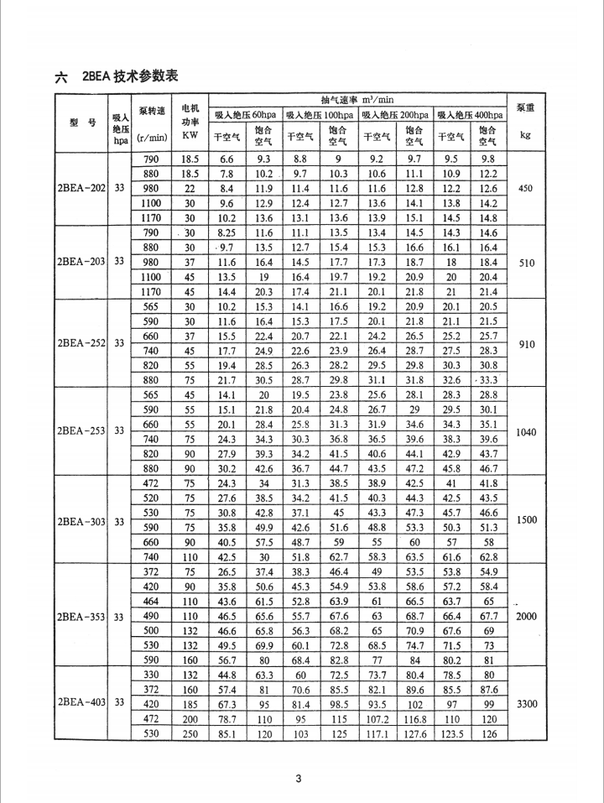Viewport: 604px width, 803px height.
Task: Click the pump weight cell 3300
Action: pos(527,703)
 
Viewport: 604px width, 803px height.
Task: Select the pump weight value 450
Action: pos(527,188)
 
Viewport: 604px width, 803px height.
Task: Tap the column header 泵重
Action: pos(527,108)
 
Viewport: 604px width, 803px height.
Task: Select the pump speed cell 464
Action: pos(151,602)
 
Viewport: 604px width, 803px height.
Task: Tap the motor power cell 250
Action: pos(190,734)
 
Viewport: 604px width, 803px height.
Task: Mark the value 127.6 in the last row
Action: pos(414,734)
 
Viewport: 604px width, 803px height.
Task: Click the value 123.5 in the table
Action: pos(452,734)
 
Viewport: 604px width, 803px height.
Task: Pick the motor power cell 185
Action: pos(190,704)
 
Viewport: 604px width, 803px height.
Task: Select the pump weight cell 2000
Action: pos(527,616)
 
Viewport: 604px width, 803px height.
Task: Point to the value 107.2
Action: pos(377,719)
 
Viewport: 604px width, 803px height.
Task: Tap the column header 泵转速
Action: pos(152,110)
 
